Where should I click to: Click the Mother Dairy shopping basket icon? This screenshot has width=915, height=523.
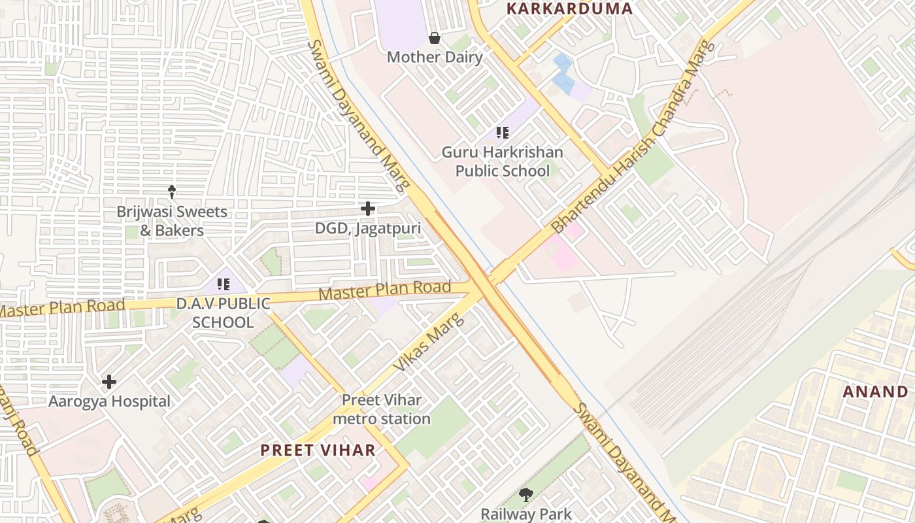click(x=434, y=39)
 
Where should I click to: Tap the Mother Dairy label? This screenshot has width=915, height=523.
click(x=435, y=57)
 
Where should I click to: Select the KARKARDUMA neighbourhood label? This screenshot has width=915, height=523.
click(x=570, y=8)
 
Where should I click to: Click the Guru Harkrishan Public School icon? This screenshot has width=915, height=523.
click(x=502, y=133)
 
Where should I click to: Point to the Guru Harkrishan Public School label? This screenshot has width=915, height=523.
click(x=502, y=161)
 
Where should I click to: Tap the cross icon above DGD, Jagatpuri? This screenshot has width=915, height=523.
click(x=368, y=209)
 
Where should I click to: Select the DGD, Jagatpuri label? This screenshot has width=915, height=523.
click(x=368, y=228)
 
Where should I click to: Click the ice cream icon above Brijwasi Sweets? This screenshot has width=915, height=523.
click(x=172, y=192)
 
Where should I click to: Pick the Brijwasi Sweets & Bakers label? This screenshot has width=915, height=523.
click(x=172, y=221)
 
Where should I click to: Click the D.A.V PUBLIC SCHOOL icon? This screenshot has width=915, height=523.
click(x=224, y=284)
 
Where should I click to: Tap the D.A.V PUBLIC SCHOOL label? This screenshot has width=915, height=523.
click(x=224, y=312)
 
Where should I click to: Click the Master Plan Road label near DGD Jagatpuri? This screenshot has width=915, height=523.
click(x=385, y=290)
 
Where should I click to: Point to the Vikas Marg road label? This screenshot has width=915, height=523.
click(x=429, y=343)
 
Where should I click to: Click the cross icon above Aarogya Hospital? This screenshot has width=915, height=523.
click(x=109, y=381)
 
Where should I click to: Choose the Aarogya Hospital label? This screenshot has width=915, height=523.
click(x=110, y=401)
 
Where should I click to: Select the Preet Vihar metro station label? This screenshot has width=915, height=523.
click(x=382, y=409)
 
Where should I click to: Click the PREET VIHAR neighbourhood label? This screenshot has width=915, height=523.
click(x=318, y=450)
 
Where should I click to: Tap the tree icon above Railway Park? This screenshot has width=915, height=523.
click(x=525, y=495)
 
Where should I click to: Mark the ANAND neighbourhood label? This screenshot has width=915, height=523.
click(x=875, y=392)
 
